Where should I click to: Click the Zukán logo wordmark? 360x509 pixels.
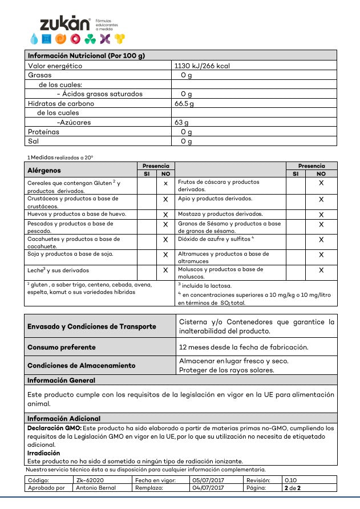click(x=64, y=23)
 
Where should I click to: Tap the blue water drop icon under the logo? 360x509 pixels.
click(x=34, y=39)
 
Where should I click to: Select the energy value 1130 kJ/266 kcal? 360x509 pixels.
click(x=203, y=66)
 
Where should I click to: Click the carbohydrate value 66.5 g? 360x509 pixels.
click(x=184, y=104)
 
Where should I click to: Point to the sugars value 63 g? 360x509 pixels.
click(x=182, y=122)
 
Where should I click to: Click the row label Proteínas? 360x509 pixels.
click(x=43, y=132)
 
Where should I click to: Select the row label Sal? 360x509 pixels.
click(x=33, y=141)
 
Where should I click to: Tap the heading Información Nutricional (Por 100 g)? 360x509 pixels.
click(x=86, y=55)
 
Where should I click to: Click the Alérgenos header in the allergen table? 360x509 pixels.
click(x=44, y=170)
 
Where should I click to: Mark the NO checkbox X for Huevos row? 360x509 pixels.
click(x=165, y=215)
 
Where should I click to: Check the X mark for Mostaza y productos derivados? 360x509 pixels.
click(x=321, y=215)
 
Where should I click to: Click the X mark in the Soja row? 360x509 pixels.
click(x=165, y=255)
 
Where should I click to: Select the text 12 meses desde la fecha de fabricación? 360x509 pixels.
click(x=244, y=347)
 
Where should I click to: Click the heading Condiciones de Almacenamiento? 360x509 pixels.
click(x=82, y=365)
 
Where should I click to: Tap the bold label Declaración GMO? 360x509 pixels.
click(x=54, y=427)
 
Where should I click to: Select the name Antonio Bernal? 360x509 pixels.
click(x=96, y=488)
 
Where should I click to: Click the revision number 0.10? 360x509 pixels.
click(x=290, y=480)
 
